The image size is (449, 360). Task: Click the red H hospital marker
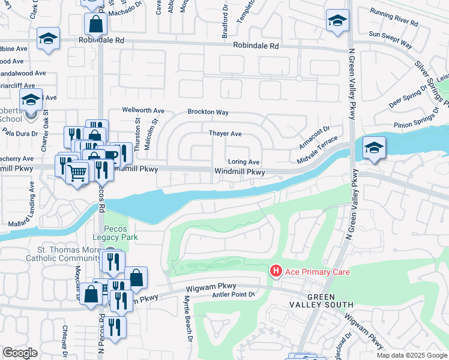(276, 272)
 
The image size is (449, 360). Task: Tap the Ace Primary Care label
(316, 272)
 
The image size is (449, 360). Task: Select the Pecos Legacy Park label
(121, 233)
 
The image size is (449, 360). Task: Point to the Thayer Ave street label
(225, 134)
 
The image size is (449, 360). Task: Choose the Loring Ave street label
(244, 162)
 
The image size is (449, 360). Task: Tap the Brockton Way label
(208, 112)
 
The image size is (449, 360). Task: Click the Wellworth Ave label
(143, 110)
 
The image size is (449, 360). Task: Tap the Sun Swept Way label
(391, 40)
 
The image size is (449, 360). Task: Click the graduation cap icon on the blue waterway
(374, 148)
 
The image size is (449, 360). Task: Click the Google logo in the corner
(20, 353)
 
